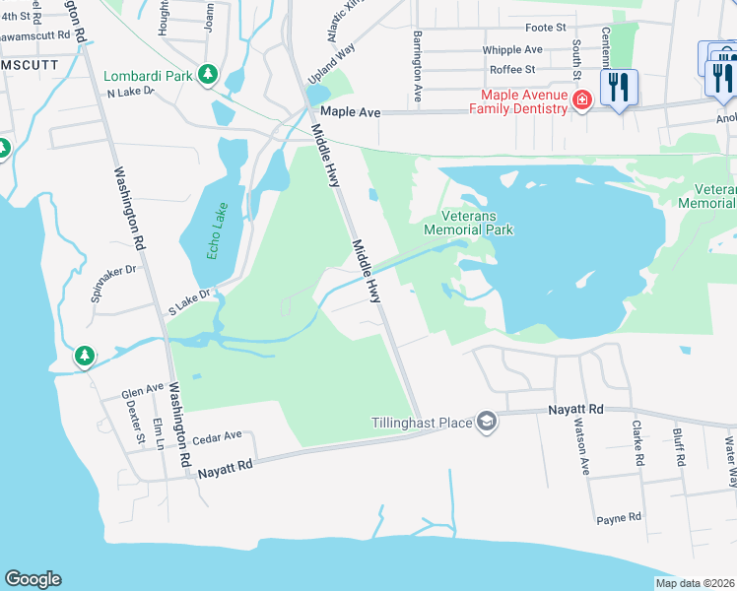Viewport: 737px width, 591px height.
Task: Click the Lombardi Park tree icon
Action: pos(208,75)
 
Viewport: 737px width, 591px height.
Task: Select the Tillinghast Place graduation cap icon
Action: pos(486,423)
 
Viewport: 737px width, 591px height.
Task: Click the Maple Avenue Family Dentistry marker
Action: pos(581,100)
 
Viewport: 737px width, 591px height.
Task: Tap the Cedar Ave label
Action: pos(218,436)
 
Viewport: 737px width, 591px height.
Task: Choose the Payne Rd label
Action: pos(620,517)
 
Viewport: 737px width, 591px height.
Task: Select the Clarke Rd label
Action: pos(637,443)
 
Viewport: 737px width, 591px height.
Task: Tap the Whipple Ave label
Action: pos(512,49)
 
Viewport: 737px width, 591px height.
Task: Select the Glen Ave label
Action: pos(142,391)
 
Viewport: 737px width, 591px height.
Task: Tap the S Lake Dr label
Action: pos(190,301)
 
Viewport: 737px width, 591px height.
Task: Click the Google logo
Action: pos(33,579)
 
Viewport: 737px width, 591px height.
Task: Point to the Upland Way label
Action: pos(331,67)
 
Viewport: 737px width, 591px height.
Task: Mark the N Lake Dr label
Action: pos(131,92)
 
